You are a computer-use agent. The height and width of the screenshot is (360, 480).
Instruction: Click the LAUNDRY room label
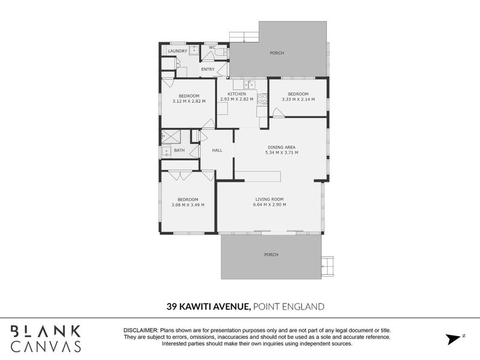[x=178, y=51]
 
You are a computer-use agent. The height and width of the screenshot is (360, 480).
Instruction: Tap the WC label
[x=212, y=47]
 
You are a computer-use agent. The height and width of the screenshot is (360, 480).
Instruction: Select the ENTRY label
[x=208, y=69]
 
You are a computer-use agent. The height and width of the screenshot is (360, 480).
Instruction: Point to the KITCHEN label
[x=237, y=94]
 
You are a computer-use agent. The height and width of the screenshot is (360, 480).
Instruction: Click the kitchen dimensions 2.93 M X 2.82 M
[x=237, y=101]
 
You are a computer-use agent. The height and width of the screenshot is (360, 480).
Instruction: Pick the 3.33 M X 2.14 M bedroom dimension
[x=298, y=101]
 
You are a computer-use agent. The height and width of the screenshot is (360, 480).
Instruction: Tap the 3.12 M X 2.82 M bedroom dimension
[x=188, y=101]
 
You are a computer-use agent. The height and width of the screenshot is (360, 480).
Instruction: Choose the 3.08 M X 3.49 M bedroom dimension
[x=188, y=205]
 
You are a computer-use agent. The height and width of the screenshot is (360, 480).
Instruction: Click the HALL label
[x=217, y=150]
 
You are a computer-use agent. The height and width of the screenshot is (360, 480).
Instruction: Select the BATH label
[x=179, y=150]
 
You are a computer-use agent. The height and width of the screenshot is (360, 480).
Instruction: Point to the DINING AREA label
[x=281, y=146]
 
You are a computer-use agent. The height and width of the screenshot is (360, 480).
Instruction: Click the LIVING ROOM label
[x=269, y=199]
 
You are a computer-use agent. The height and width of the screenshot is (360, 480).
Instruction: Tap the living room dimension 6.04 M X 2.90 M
[x=269, y=205]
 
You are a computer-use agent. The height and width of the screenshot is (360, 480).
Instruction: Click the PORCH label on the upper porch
[x=277, y=53]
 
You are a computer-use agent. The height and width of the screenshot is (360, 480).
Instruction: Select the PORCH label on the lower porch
[x=271, y=255]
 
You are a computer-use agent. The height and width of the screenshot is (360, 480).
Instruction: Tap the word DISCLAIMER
[x=140, y=331]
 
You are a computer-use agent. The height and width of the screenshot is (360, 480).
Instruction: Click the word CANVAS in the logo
[x=46, y=346]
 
